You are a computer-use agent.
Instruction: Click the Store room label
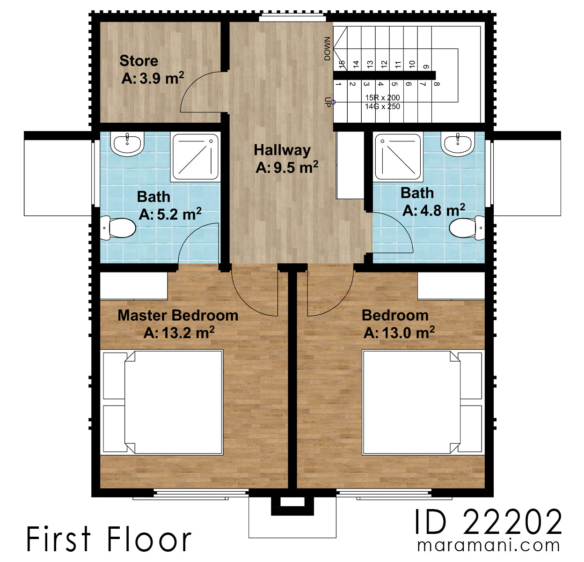coord(139,61)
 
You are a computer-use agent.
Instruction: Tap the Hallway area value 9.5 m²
coord(287,167)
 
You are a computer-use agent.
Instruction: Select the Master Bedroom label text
coord(178,315)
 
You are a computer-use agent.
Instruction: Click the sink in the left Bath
coord(127,143)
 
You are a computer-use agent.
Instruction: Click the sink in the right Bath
coord(458,144)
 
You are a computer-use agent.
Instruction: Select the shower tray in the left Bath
coord(195,157)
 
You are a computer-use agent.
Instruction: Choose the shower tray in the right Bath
coord(398,157)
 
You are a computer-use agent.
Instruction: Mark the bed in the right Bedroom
coord(422,402)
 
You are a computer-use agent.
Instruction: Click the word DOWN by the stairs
coord(327,49)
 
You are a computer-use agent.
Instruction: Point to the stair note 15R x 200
coord(382,97)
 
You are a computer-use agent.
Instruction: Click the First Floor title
coord(109,539)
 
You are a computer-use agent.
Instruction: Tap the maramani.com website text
coord(488,546)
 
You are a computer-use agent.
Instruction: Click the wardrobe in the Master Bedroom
coord(134,286)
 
